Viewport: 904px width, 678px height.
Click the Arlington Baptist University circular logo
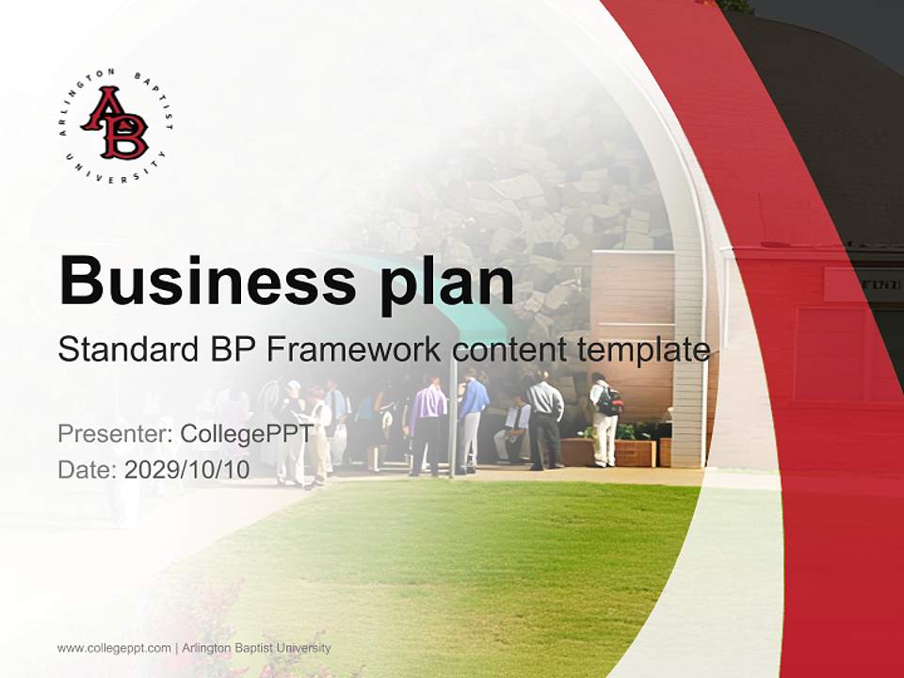(114, 125)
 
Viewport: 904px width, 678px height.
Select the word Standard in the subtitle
(125, 350)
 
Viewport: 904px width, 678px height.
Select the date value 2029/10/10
(186, 470)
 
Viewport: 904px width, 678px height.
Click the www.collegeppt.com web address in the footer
(114, 648)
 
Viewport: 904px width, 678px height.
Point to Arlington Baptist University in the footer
(255, 648)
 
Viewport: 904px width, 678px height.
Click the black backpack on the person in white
(610, 400)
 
